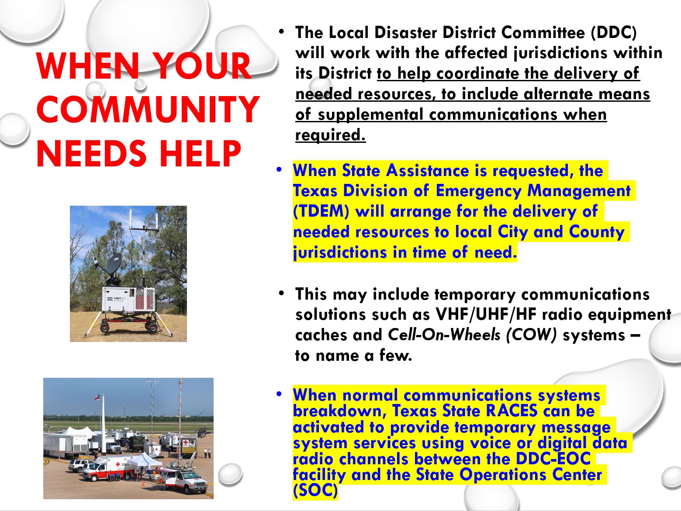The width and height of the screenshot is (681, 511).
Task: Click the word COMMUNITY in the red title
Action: [148, 110]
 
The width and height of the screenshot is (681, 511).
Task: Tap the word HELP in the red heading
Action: [200, 153]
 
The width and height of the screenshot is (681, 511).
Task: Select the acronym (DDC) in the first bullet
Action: [613, 33]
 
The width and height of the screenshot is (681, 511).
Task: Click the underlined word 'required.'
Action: [330, 135]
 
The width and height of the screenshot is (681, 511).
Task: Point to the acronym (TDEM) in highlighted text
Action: [321, 211]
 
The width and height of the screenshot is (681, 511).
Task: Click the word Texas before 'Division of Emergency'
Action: [315, 191]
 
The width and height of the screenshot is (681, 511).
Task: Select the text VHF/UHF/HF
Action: [486, 314]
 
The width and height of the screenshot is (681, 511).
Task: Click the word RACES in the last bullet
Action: [511, 411]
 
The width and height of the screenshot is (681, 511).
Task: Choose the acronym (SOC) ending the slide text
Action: [315, 490]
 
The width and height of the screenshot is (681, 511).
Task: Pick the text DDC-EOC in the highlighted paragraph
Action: [553, 459]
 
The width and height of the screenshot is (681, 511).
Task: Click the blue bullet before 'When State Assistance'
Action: [279, 169]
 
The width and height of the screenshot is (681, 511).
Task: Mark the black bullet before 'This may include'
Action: [281, 293]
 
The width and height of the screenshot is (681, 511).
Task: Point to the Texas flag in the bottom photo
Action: [97, 397]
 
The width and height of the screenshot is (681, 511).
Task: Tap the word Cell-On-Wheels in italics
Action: [444, 335]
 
